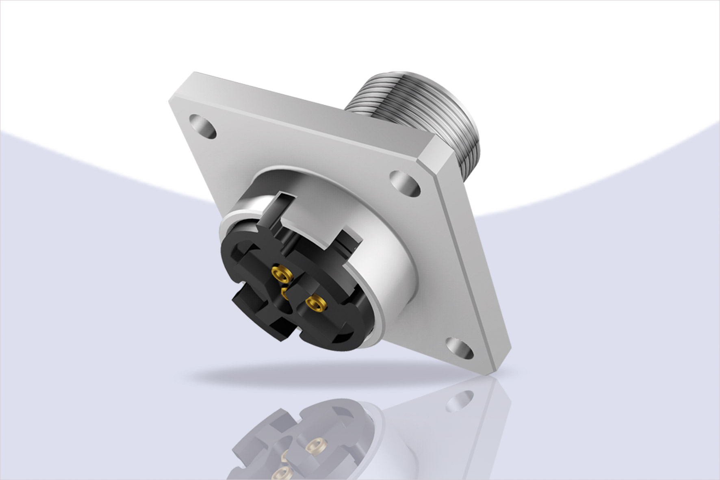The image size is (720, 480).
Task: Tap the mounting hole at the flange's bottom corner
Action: point(460,346)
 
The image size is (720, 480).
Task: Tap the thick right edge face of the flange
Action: point(467,260)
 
